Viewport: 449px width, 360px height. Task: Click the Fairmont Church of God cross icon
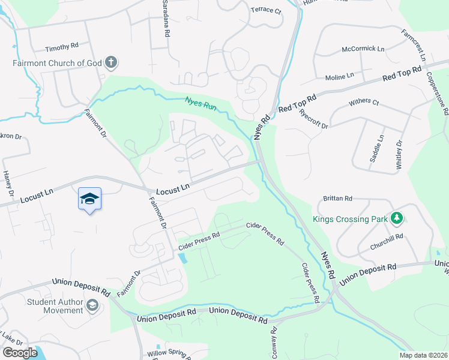pos(111,62)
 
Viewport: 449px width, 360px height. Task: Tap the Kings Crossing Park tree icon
pos(396,219)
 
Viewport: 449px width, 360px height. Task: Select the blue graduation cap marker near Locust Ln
pos(89,199)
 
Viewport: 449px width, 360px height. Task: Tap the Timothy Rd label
pos(62,47)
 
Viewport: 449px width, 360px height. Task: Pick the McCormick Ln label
pos(362,49)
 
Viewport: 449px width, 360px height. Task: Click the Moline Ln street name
pos(340,76)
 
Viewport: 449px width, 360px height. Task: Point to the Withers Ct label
pos(364,103)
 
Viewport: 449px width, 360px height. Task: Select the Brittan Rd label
pos(337,198)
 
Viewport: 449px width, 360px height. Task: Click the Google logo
pos(19,353)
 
